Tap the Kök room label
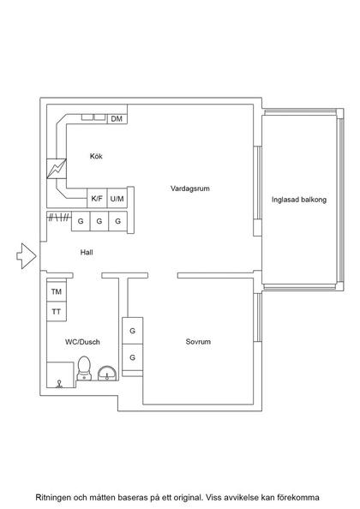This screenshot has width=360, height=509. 98,156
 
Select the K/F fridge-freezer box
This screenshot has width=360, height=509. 99,199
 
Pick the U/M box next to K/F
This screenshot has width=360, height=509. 118,199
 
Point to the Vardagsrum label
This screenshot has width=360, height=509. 189,188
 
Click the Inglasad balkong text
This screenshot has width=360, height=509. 299,200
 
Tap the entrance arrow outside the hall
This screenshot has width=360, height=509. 26,254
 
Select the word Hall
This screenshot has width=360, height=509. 87,253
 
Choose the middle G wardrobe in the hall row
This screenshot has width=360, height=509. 99,221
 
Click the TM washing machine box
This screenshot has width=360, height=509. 57,292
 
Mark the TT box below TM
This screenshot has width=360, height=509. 57,311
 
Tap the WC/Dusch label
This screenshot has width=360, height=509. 82,342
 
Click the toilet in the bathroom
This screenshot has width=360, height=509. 84,368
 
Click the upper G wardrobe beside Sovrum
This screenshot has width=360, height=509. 133,331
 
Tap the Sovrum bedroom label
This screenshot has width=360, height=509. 198,342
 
